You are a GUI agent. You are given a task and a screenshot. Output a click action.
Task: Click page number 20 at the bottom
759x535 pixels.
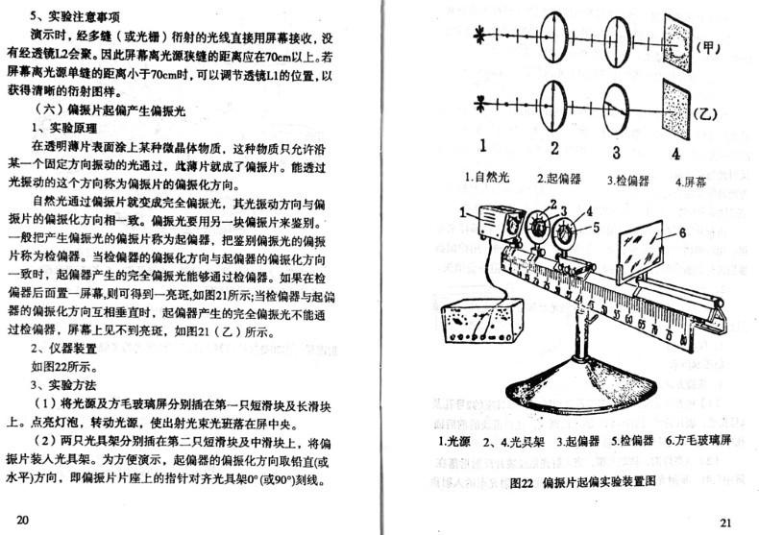[24, 520]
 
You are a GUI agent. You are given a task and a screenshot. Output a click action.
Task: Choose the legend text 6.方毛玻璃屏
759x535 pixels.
[698, 443]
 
